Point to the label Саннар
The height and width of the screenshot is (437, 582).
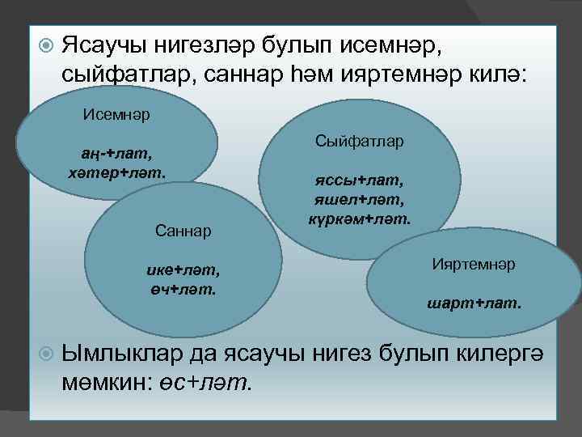[x=183, y=231]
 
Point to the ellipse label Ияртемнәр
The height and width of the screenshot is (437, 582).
[x=474, y=265]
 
